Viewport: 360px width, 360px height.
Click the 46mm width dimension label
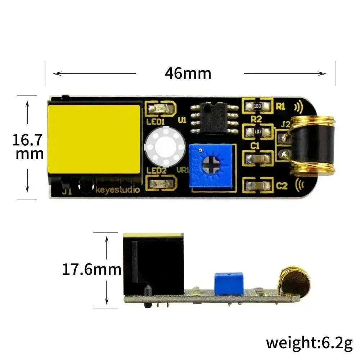[188, 73]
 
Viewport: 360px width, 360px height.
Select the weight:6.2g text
[309, 343]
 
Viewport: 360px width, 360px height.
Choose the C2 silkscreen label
[282, 186]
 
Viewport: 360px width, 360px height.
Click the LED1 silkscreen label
[156, 122]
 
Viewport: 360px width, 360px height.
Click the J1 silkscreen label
[67, 192]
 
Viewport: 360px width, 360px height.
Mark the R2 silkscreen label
[256, 119]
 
